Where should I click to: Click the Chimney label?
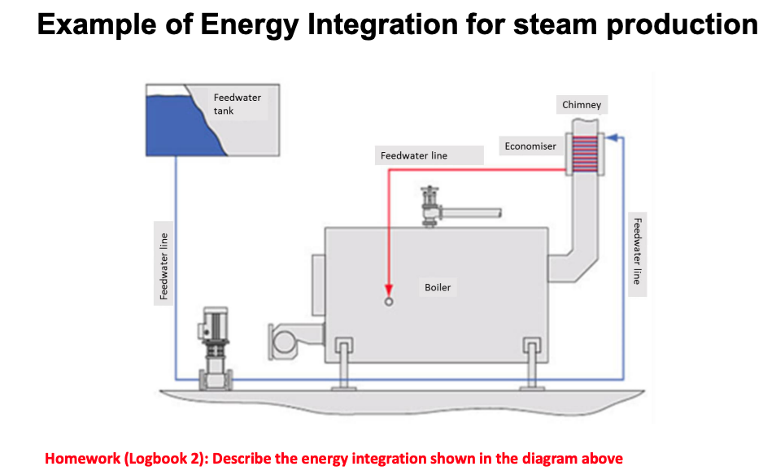pyautogui.click(x=582, y=105)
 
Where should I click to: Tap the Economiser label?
pyautogui.click(x=530, y=146)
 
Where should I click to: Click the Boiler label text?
pyautogui.click(x=438, y=287)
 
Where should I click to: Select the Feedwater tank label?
pyautogui.click(x=237, y=103)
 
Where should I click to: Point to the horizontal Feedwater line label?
pyautogui.click(x=414, y=155)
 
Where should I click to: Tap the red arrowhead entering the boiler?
pyautogui.click(x=389, y=290)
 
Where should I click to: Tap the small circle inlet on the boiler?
pyautogui.click(x=389, y=302)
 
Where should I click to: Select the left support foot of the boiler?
pyautogui.click(x=342, y=361)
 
